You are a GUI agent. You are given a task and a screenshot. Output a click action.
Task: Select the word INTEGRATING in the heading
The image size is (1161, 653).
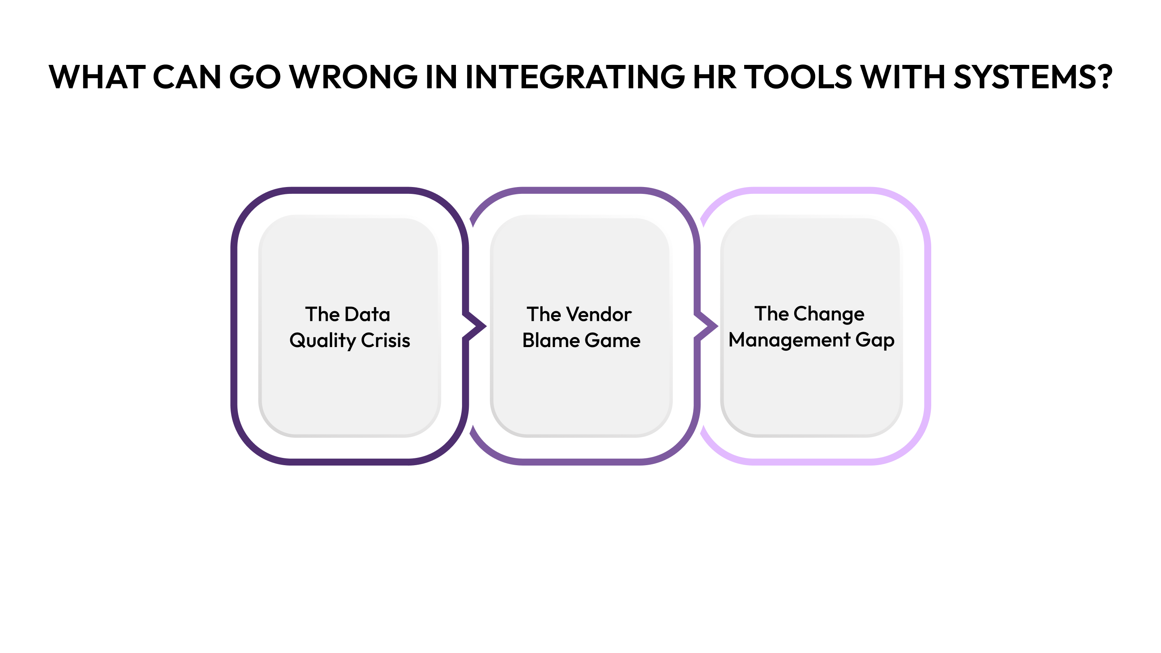coord(574,77)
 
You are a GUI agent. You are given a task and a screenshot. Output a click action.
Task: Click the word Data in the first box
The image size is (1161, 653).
coord(367,314)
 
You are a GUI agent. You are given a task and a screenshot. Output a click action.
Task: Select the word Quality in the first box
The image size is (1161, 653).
coord(322,341)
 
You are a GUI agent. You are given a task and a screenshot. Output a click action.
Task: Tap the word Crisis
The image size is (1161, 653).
coord(385,341)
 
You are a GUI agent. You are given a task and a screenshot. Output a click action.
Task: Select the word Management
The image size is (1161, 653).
coord(789,340)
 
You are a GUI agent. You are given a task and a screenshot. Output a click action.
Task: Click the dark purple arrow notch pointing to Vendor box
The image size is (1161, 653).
coord(476,325)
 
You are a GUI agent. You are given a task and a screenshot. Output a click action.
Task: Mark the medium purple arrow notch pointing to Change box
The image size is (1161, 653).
coord(707,325)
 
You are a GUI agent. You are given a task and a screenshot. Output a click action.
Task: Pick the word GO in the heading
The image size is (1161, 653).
coord(255,77)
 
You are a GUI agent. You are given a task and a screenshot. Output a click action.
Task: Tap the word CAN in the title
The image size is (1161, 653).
coord(187,77)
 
